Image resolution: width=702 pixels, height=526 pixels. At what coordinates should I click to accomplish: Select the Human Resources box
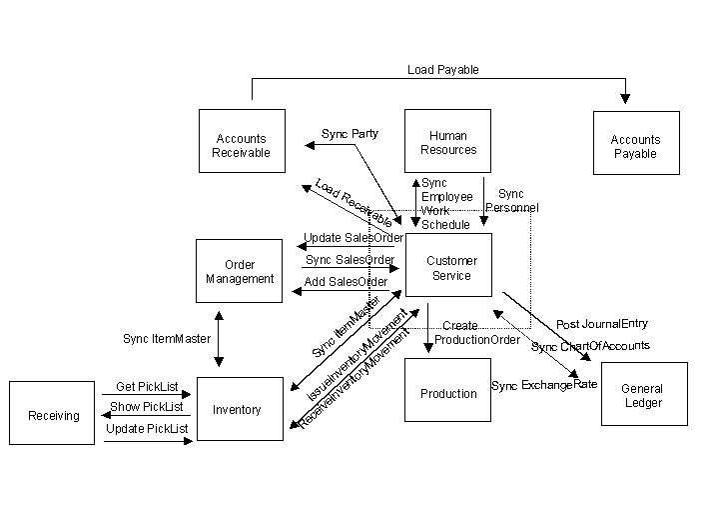[447, 142]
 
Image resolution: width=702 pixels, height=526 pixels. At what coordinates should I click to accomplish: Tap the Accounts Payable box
[635, 146]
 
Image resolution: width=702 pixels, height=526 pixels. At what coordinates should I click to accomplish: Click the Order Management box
[240, 271]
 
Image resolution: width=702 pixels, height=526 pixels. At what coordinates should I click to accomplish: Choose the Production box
[448, 393]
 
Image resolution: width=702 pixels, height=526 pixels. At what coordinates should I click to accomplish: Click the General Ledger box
[642, 395]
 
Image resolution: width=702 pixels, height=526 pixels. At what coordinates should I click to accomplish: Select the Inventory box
[239, 409]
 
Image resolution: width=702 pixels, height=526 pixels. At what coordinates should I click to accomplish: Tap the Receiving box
[53, 415]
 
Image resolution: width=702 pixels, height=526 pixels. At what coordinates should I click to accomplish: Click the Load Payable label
[442, 70]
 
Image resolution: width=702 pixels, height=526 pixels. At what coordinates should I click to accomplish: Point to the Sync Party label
[350, 133]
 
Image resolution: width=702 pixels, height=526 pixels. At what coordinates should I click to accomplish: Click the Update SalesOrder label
[353, 238]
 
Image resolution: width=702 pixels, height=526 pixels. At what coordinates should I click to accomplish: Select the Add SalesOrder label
[346, 281]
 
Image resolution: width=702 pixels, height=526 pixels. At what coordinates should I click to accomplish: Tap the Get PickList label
[140, 386]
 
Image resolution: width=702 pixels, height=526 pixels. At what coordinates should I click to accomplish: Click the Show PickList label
[146, 407]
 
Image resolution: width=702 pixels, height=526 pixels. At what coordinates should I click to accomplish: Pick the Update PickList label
[146, 428]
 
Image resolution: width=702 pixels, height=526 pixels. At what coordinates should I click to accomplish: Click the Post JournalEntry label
[602, 324]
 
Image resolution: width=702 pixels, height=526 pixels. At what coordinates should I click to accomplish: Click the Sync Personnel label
[511, 201]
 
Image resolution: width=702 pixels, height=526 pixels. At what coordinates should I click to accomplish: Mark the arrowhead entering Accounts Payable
[626, 99]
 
